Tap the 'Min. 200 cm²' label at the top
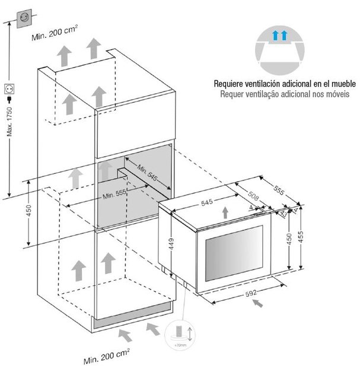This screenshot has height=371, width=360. [55, 37]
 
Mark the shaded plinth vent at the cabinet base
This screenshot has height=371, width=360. [134, 319]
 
